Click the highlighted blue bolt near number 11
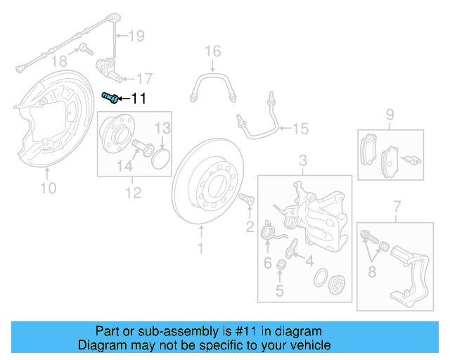110,98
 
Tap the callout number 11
139,98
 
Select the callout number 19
136,35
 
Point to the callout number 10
48,188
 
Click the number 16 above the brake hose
212,51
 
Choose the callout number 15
300,129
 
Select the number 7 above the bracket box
397,206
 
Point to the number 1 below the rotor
200,247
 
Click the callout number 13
162,128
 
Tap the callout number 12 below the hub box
133,192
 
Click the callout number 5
280,290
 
